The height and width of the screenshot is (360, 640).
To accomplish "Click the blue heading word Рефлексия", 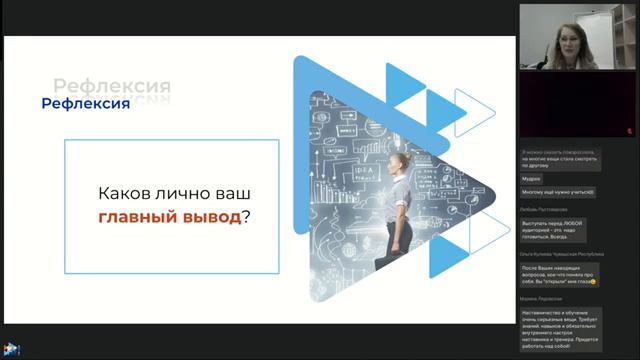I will tap(85, 104).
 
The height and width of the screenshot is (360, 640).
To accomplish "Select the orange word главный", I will tap(133, 217).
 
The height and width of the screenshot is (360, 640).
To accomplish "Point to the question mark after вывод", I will tap(246, 217).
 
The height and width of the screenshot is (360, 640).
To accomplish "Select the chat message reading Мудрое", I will tap(531, 178).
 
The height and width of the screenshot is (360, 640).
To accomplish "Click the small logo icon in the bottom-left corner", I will tap(11, 349).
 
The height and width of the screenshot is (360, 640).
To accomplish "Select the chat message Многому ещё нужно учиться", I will tap(558, 191).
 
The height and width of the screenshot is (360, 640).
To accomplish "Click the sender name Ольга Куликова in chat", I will tap(561, 255).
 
